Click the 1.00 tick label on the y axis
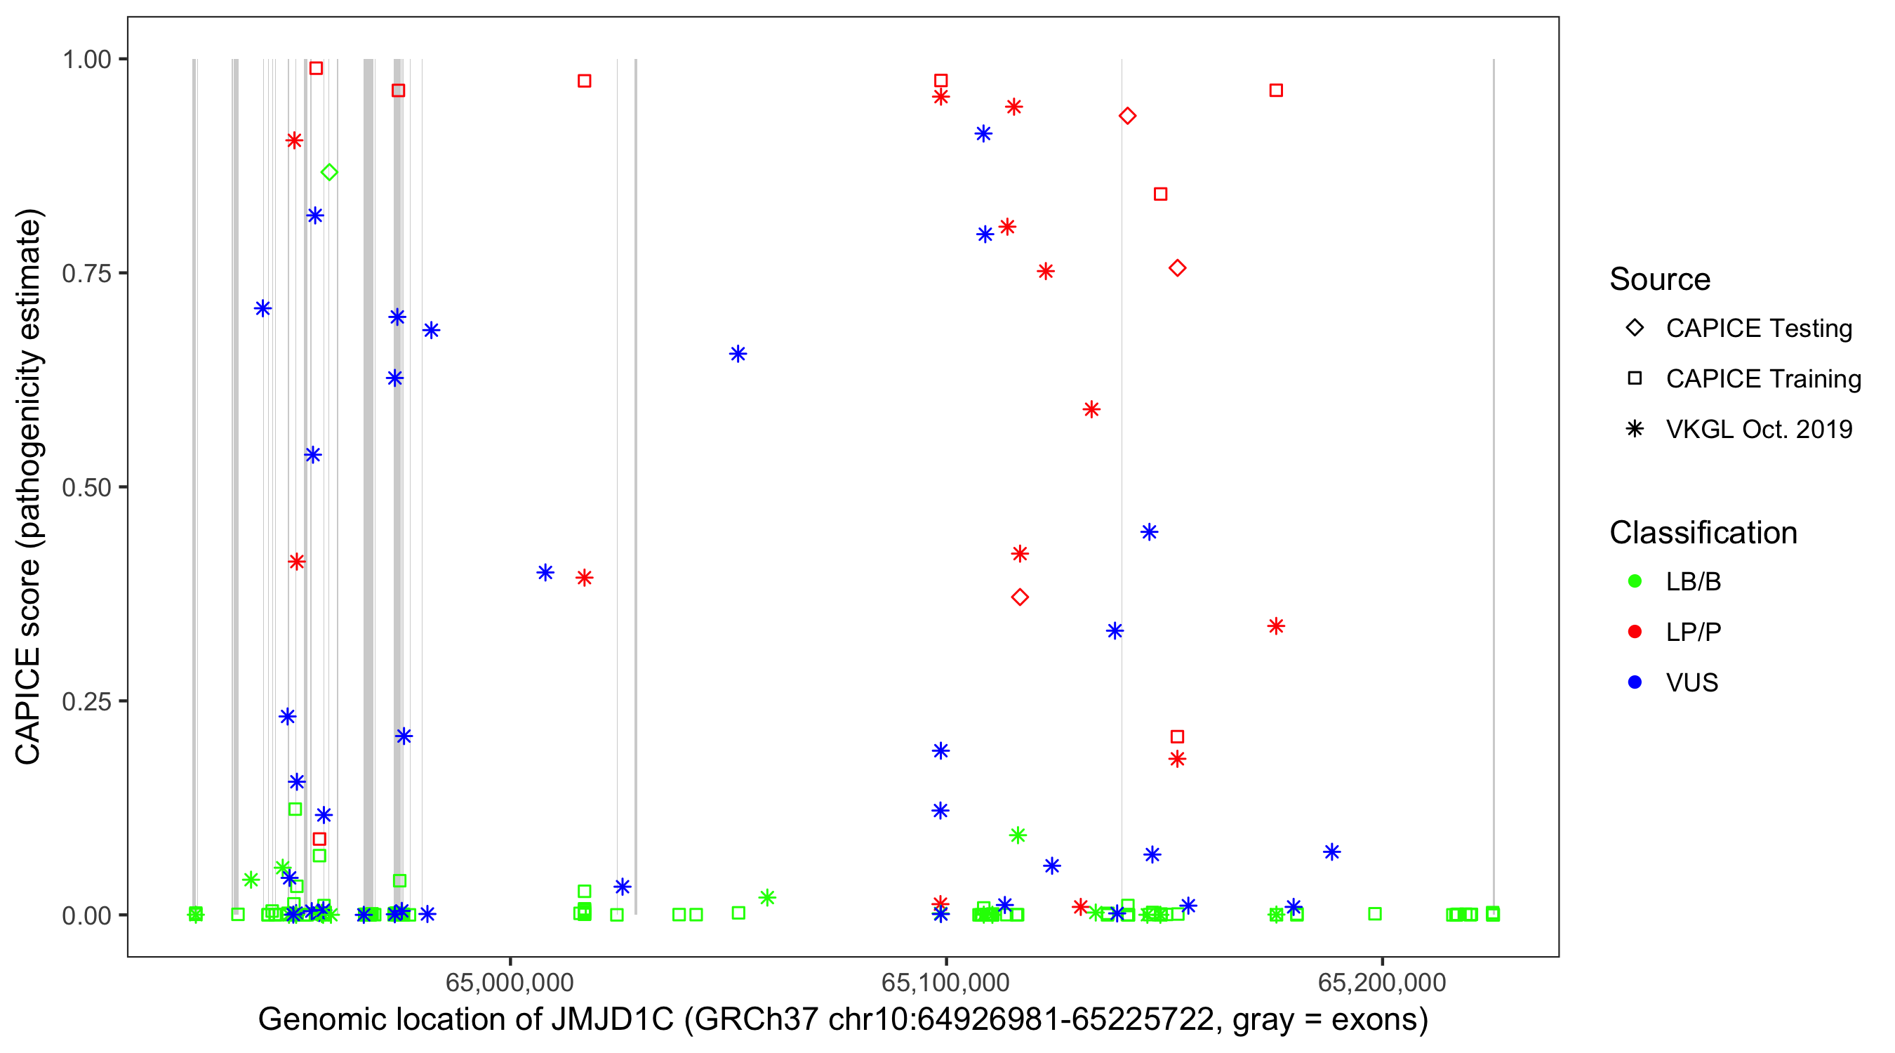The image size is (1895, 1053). [x=86, y=59]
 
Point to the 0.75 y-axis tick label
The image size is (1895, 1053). [x=86, y=273]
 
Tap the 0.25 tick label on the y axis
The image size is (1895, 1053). [x=86, y=701]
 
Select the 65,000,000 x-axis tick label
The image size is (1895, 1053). [x=510, y=982]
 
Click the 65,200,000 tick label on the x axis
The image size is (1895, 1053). [x=1382, y=982]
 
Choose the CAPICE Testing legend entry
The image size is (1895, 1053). [x=1758, y=329]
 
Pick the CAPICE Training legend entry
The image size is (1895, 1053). [x=1762, y=379]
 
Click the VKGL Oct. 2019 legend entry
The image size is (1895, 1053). [x=1758, y=429]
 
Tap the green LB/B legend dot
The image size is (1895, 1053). [x=1635, y=581]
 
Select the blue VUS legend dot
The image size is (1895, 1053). [x=1635, y=682]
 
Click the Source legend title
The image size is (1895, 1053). [x=1660, y=279]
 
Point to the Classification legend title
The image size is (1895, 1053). [x=1703, y=533]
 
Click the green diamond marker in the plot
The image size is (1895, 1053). [x=330, y=172]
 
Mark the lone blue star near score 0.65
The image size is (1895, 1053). [x=738, y=354]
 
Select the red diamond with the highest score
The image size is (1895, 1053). [x=1128, y=116]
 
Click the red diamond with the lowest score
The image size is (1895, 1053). [x=1020, y=597]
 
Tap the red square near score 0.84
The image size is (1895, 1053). [x=1161, y=194]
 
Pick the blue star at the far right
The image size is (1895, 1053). [x=1332, y=852]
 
